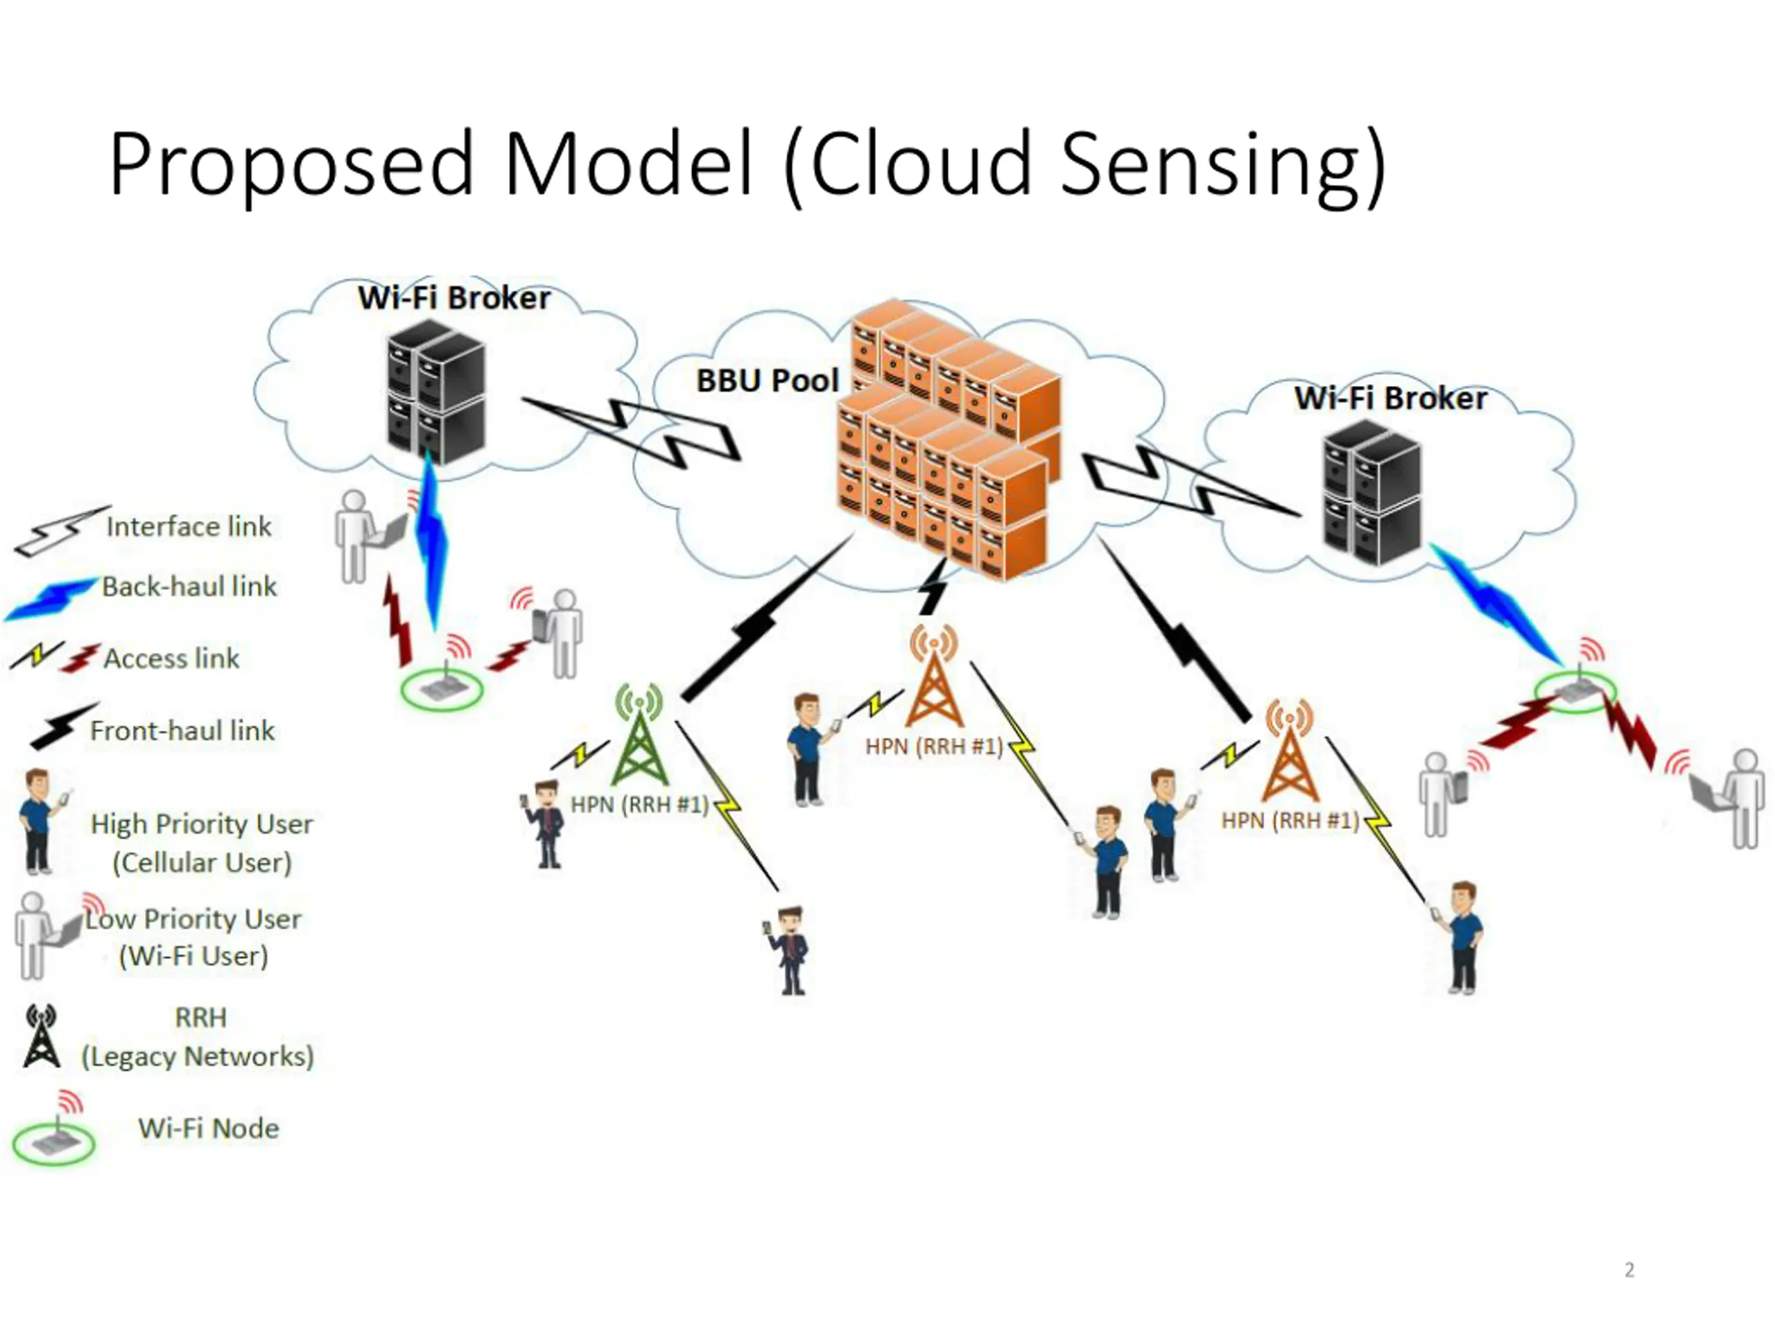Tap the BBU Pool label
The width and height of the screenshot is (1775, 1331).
coord(767,381)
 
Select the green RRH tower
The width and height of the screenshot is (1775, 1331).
coord(639,734)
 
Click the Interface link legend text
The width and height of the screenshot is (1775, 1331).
coord(189,527)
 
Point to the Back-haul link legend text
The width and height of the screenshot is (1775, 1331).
coord(189,586)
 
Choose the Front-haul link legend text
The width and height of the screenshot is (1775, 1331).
coord(182,730)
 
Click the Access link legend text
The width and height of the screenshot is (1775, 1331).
coord(171,658)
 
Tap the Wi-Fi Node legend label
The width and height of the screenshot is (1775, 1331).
coord(209,1128)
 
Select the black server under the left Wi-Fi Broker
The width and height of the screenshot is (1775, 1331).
coord(435,392)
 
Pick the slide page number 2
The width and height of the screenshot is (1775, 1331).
coord(1629,1270)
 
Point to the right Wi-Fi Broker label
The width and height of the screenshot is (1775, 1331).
coord(1391,398)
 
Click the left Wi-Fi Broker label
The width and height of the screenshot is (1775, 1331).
coord(454,297)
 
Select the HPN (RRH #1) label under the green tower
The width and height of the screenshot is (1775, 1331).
coord(639,804)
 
